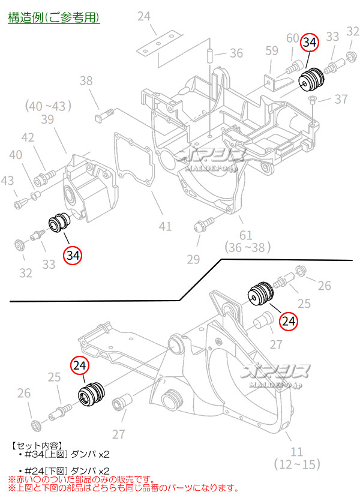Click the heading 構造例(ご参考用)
[x=53, y=17]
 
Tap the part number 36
[x=236, y=53]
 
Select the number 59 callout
[x=272, y=50]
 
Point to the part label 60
[x=293, y=38]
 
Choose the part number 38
[x=86, y=80]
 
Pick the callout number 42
[x=28, y=137]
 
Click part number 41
[x=165, y=226]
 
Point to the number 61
[x=245, y=234]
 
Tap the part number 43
[x=8, y=180]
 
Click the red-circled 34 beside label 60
[x=310, y=43]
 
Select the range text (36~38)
[x=245, y=247]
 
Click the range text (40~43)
[x=48, y=106]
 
